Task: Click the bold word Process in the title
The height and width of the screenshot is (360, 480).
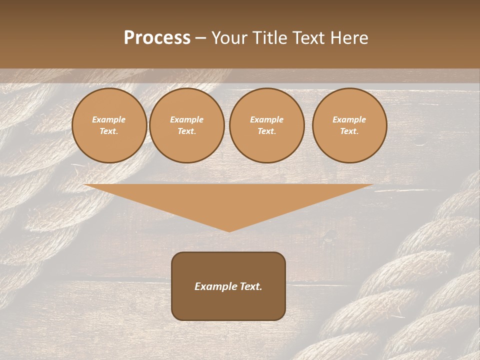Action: point(157,38)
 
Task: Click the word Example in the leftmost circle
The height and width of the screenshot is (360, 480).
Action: point(109,120)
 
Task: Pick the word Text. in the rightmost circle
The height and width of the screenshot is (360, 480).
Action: point(349,131)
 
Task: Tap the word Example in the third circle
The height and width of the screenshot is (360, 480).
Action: point(267,120)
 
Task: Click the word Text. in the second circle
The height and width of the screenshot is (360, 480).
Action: point(187,131)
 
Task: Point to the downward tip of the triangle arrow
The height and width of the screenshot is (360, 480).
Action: point(229,230)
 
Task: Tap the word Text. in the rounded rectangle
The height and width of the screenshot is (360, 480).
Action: point(249,286)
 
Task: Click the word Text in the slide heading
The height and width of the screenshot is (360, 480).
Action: point(308,38)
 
